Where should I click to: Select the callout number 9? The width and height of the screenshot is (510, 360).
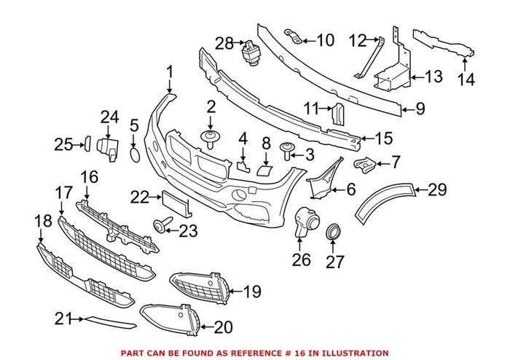420,110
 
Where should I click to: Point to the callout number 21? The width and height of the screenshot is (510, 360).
63,318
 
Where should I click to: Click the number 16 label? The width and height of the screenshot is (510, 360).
89,177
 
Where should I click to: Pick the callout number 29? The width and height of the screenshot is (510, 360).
436,190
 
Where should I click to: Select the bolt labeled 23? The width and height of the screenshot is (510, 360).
160,226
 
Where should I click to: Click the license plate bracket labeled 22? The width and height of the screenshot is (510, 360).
175,201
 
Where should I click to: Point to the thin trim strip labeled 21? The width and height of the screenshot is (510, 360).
109,322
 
